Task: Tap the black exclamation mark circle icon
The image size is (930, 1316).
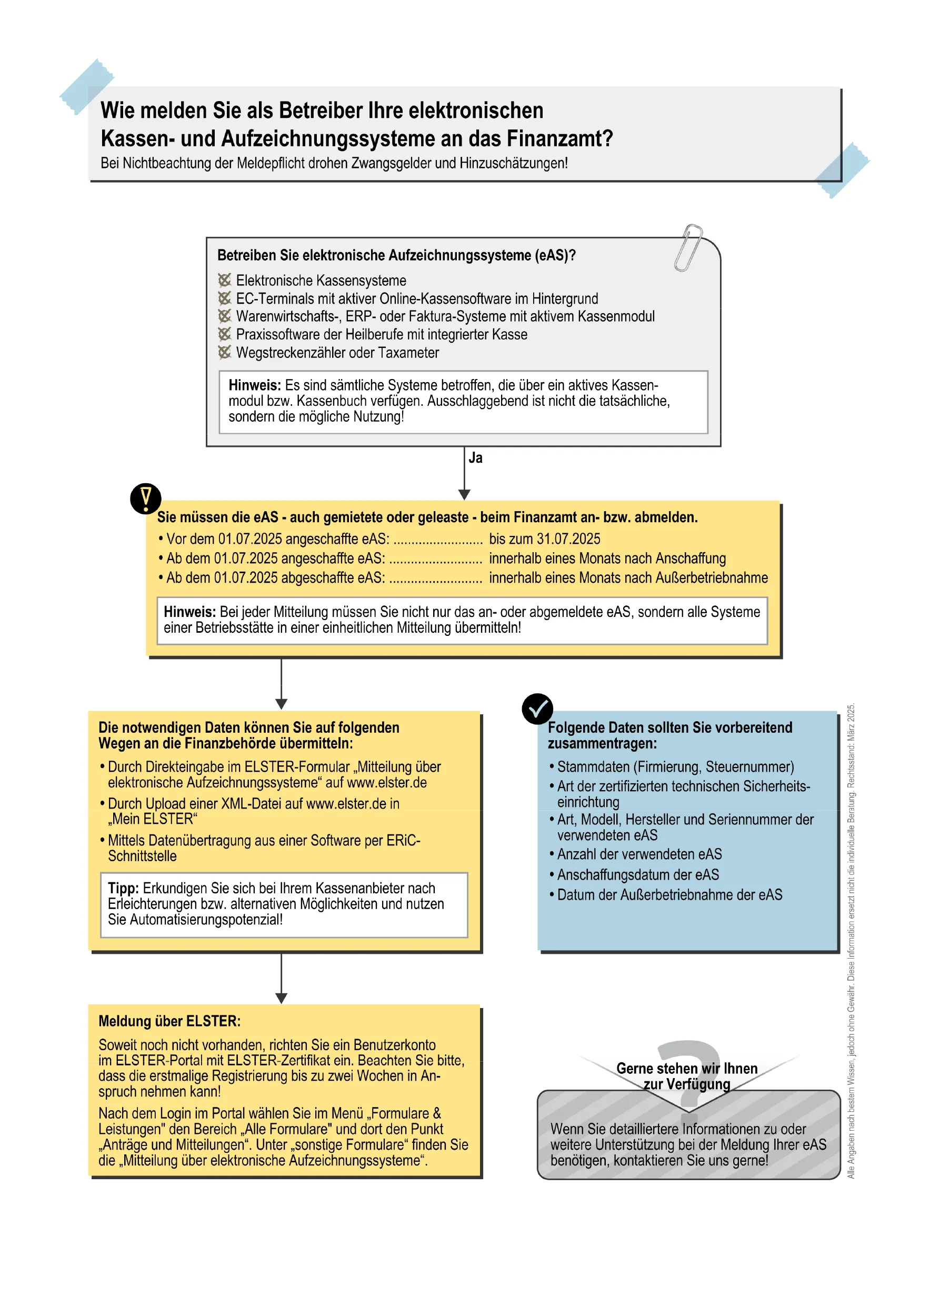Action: click(146, 498)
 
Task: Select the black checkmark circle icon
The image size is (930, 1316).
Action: click(537, 709)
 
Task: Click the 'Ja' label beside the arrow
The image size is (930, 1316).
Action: click(476, 457)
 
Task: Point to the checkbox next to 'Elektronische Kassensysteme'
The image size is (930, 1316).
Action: click(225, 280)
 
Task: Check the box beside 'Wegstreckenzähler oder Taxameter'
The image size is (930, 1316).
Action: click(225, 353)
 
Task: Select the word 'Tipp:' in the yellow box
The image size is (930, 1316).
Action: click(123, 888)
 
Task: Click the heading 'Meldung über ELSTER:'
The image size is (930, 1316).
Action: click(169, 1021)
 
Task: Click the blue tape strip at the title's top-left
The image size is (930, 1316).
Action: click(87, 86)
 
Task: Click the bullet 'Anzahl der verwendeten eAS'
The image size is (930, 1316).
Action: click(639, 854)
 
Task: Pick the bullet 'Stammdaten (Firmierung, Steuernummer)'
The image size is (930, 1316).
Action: click(675, 767)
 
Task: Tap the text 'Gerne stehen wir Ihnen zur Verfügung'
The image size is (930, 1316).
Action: click(687, 1076)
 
